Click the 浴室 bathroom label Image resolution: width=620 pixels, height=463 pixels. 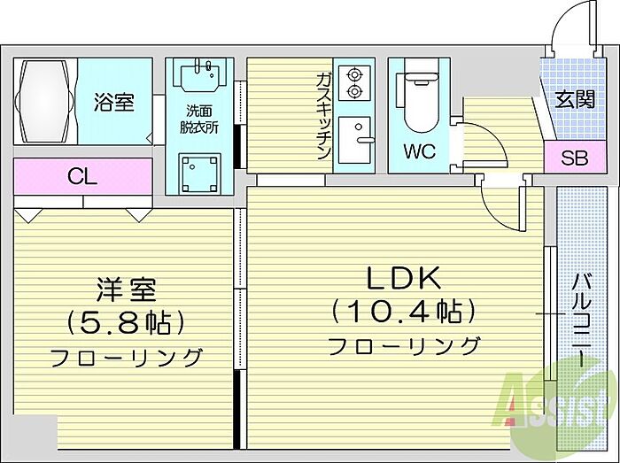click(114, 103)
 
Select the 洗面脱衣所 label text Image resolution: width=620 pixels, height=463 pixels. click(198, 119)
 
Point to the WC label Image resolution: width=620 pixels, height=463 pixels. click(419, 150)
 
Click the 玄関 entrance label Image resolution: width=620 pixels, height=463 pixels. click(575, 100)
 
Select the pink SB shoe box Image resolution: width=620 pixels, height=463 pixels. click(575, 159)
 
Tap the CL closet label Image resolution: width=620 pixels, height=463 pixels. click(81, 176)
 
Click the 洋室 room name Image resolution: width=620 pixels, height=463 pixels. click(127, 289)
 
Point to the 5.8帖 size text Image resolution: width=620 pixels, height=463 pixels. click(127, 321)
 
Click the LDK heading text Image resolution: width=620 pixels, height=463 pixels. click(404, 278)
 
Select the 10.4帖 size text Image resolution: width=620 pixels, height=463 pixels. click(404, 311)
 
